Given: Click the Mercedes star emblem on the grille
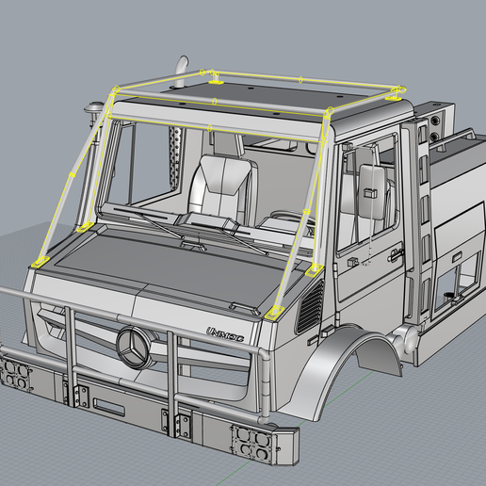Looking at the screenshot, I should click(x=135, y=348).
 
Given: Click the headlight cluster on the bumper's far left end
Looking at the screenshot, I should click(x=15, y=374).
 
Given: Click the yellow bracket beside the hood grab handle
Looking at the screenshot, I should click(x=274, y=311).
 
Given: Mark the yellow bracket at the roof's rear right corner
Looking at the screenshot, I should click(x=396, y=91).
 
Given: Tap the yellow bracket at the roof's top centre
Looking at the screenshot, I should click(x=215, y=74).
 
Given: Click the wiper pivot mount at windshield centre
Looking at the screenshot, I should click(x=194, y=246).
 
